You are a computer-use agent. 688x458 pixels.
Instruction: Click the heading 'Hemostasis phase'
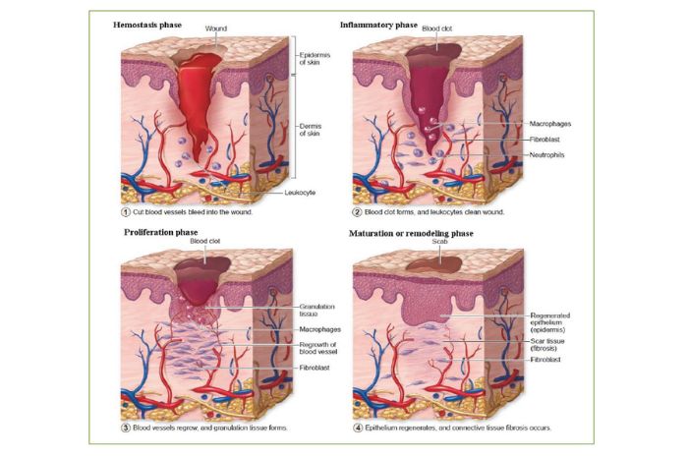click(x=147, y=25)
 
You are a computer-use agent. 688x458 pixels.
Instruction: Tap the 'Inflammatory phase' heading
click(x=378, y=25)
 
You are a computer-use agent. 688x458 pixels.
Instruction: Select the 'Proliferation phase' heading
click(x=160, y=232)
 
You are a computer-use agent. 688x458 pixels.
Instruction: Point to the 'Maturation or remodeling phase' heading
click(x=411, y=233)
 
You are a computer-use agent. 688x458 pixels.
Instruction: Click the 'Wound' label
click(x=216, y=29)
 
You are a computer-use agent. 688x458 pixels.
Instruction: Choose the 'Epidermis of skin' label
click(x=315, y=58)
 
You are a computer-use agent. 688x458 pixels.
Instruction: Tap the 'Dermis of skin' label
click(x=311, y=130)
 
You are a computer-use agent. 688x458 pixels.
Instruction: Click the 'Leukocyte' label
click(x=300, y=193)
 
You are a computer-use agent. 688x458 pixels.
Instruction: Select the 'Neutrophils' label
click(x=546, y=155)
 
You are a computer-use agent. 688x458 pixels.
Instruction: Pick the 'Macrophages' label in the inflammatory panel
click(x=550, y=124)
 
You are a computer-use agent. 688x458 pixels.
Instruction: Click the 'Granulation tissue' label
click(x=316, y=311)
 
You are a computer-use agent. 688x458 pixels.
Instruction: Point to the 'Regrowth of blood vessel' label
click(x=318, y=348)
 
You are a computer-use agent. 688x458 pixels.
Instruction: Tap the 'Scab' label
click(x=439, y=241)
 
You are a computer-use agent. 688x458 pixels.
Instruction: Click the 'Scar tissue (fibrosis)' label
click(x=547, y=344)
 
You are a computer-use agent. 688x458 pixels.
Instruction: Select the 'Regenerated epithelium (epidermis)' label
click(x=550, y=322)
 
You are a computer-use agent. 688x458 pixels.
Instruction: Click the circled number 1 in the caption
click(x=126, y=212)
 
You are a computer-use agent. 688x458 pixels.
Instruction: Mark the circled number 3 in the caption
click(x=126, y=428)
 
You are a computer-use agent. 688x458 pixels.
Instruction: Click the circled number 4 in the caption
click(x=358, y=428)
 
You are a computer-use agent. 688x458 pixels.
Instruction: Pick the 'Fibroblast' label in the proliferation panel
click(x=315, y=368)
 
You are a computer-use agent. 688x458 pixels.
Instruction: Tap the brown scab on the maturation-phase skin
click(x=434, y=264)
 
